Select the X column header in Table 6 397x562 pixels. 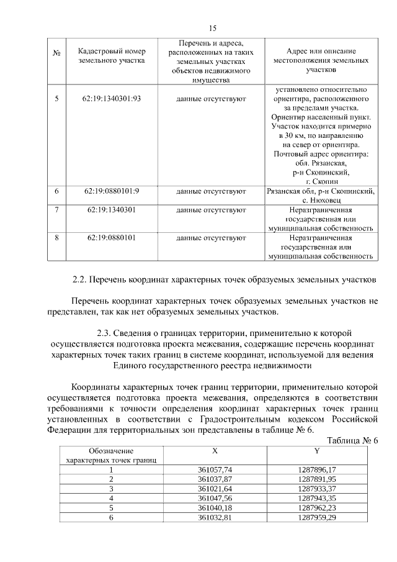point(215,450)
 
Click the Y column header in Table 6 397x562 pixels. point(316,450)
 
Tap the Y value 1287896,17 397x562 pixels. point(316,470)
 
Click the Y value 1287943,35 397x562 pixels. point(316,498)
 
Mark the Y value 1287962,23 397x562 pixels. point(316,507)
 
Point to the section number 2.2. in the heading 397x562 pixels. point(82,279)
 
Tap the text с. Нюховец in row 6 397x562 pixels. point(320,201)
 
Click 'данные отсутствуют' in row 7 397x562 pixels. point(211,210)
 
